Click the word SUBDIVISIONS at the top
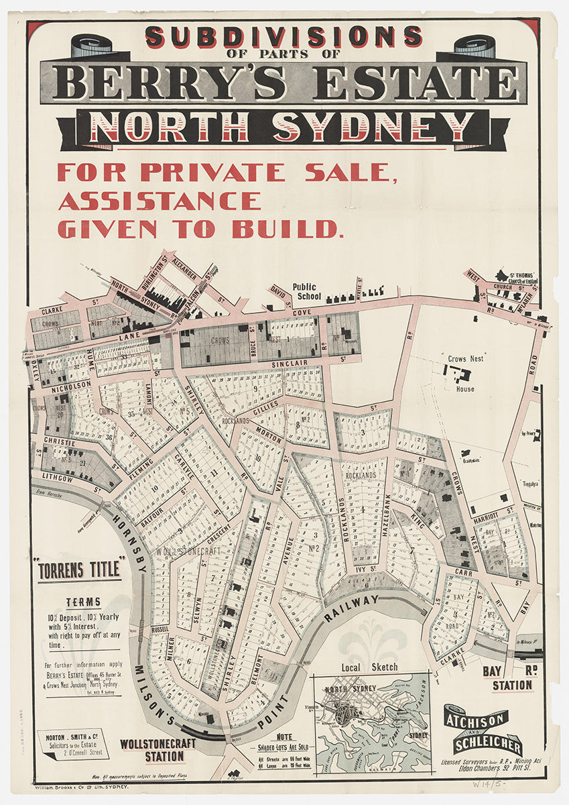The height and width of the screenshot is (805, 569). (283, 36)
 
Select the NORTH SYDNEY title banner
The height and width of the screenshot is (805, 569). (282, 128)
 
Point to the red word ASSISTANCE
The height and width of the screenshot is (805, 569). (160, 201)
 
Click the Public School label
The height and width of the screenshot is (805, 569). (307, 292)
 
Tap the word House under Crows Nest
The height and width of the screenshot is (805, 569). (464, 388)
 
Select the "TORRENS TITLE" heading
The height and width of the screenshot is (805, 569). (79, 570)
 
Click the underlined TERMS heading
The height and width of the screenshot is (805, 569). (83, 602)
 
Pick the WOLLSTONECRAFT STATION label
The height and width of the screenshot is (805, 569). (152, 750)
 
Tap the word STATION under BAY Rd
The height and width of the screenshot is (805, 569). (513, 685)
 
